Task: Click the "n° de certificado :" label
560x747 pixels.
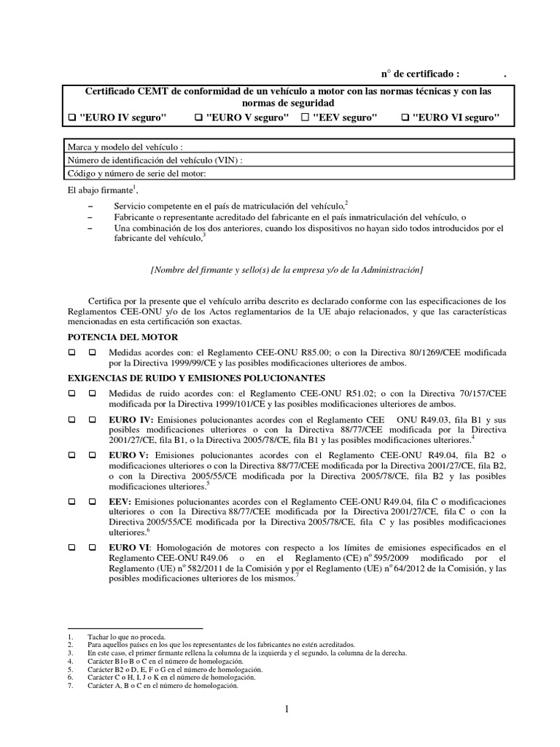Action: [x=421, y=74]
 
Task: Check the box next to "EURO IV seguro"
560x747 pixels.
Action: [x=71, y=117]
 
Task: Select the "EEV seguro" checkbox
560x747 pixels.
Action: [x=306, y=117]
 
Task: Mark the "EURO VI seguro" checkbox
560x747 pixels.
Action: [x=405, y=117]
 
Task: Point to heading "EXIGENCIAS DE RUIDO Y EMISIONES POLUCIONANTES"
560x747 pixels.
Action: [x=196, y=379]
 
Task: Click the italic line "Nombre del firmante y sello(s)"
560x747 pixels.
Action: [x=287, y=270]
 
